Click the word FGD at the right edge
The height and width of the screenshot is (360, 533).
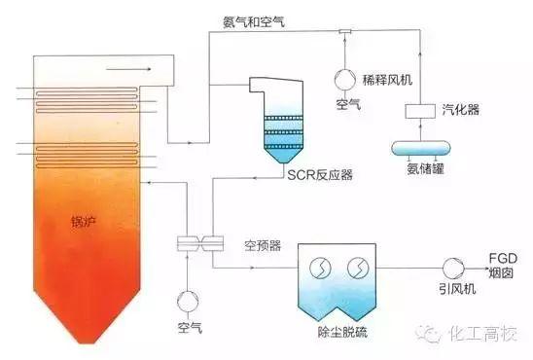pos(502,256)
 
